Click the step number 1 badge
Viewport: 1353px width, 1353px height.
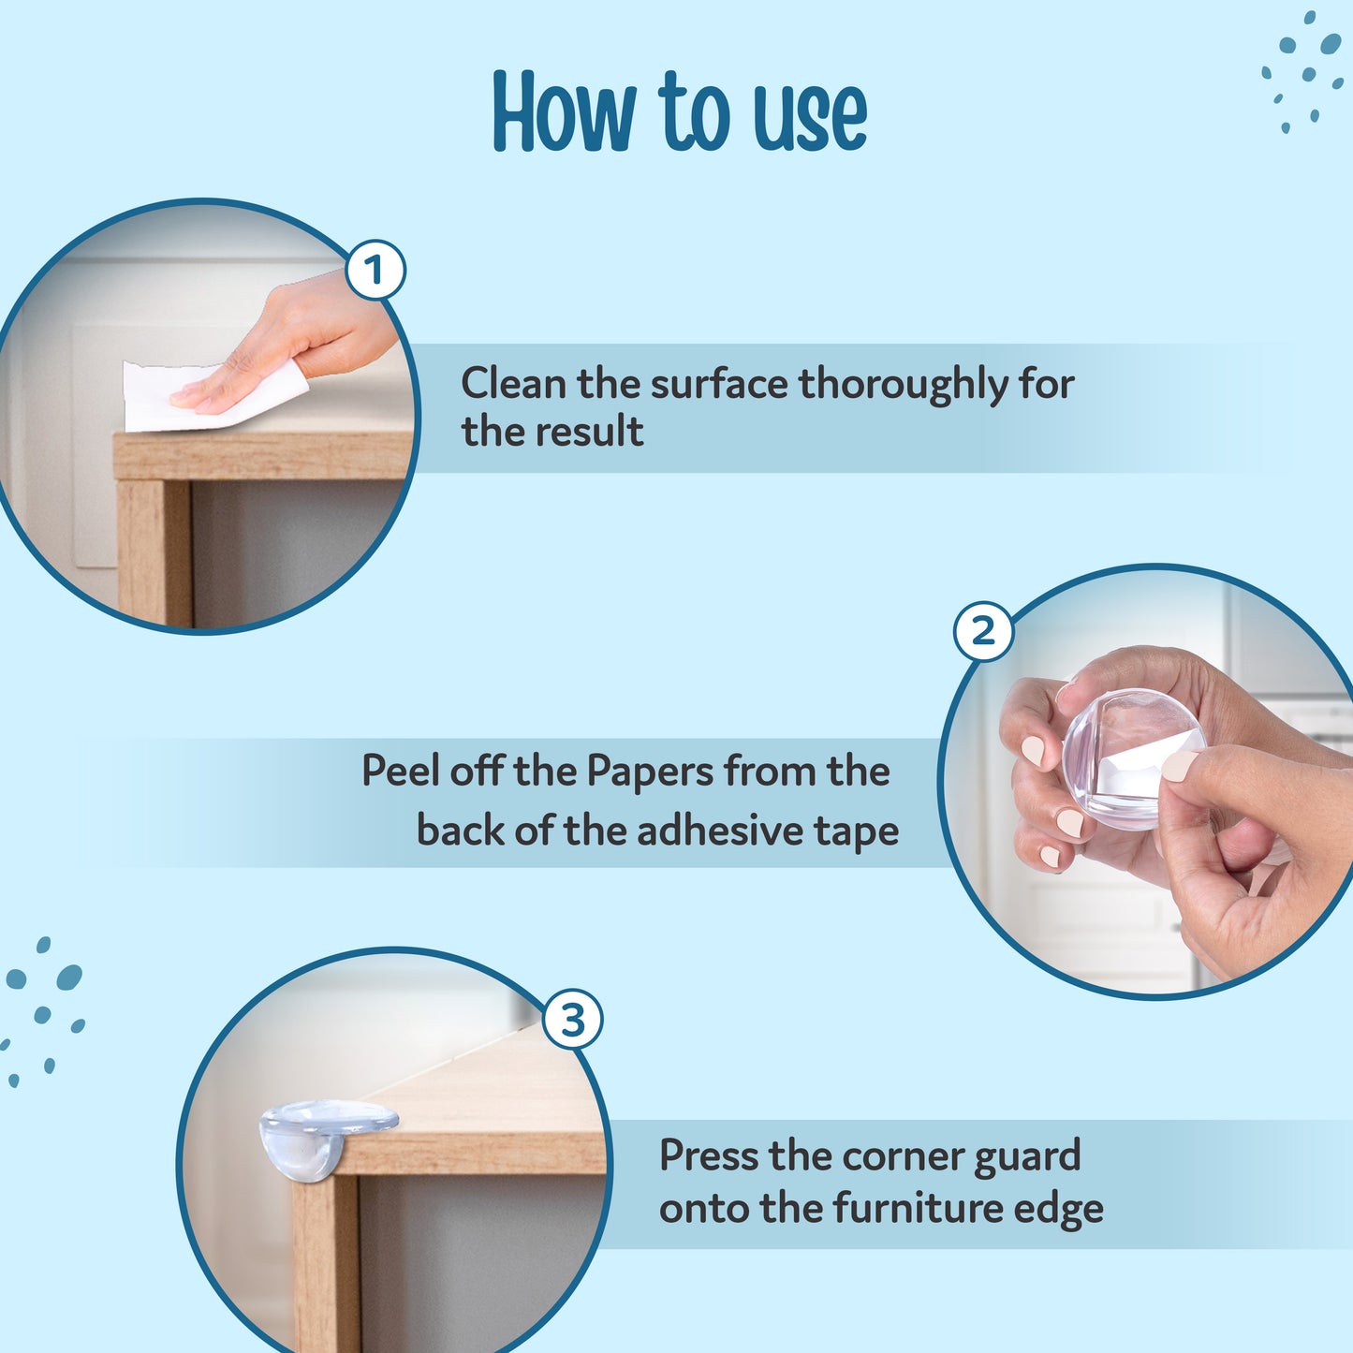click(x=375, y=271)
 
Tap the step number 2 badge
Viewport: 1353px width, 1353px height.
click(x=983, y=632)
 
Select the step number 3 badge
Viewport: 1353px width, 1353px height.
click(x=572, y=1019)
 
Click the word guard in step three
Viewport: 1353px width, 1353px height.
click(x=1027, y=1157)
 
